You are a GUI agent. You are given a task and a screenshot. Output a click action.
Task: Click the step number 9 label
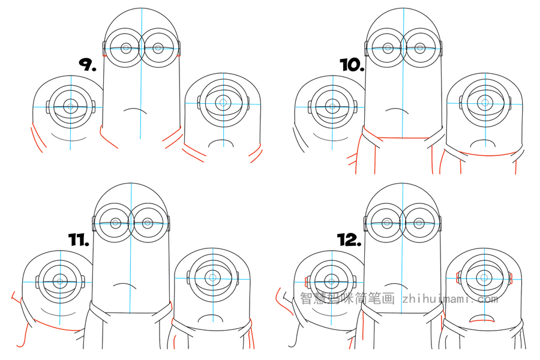[88, 64]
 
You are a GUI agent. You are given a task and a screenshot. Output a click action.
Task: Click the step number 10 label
[352, 65]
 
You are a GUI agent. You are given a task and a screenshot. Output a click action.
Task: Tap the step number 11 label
[79, 239]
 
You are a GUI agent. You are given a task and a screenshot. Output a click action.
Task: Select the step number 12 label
[349, 240]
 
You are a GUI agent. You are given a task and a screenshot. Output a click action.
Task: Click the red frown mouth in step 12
[482, 320]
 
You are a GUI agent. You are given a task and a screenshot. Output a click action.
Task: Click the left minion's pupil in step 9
[71, 106]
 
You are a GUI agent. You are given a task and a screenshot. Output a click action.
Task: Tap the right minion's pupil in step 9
[223, 103]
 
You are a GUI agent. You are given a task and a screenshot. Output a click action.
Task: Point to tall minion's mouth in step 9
[135, 110]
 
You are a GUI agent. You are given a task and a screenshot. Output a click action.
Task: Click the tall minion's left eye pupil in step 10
[388, 48]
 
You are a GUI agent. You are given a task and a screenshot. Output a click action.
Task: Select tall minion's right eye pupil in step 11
[148, 223]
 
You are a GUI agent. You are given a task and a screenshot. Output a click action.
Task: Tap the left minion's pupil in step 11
[60, 281]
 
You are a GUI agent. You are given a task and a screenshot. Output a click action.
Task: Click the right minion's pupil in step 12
[484, 277]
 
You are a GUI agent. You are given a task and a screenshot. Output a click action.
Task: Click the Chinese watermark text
[347, 298]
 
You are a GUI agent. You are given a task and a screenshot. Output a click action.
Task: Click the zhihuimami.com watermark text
[451, 298]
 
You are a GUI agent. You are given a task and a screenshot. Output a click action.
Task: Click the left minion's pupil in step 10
[332, 106]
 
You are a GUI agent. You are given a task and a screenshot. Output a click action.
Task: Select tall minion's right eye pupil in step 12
[419, 223]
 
